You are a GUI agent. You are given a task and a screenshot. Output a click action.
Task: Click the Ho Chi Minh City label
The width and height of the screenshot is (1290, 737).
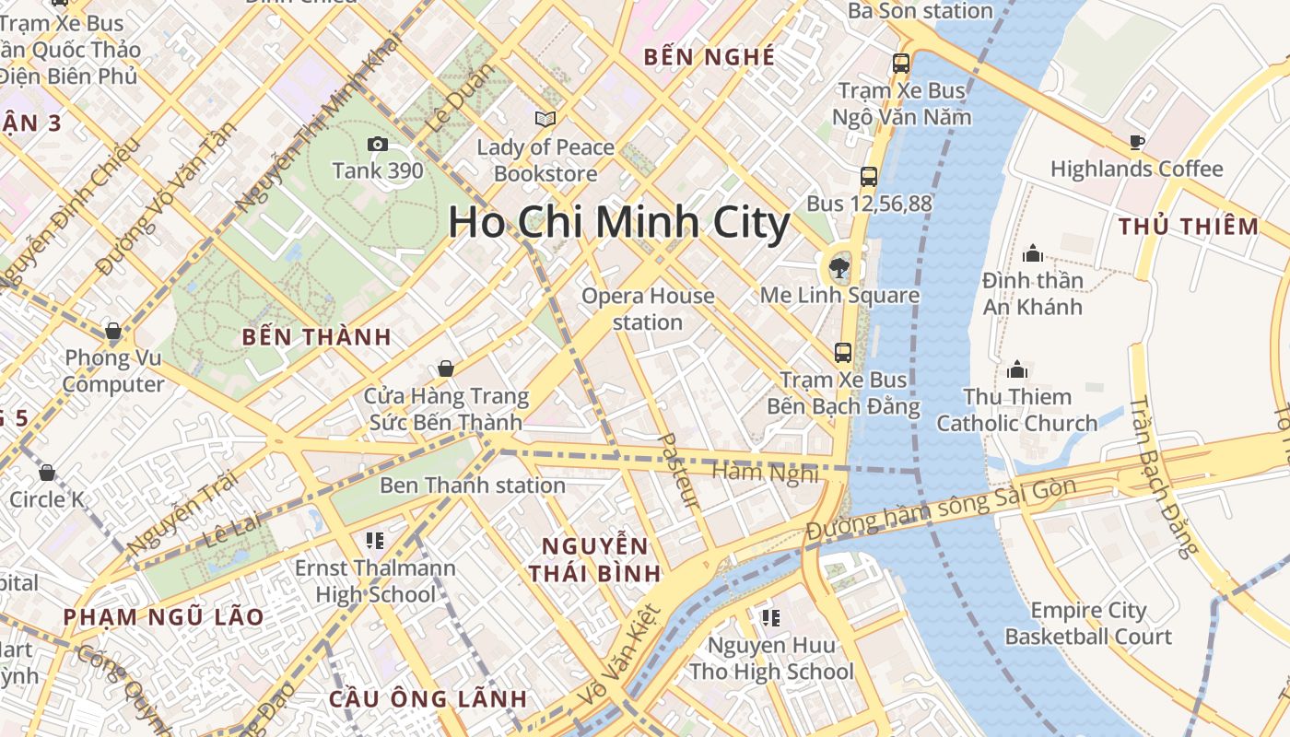[x=618, y=224]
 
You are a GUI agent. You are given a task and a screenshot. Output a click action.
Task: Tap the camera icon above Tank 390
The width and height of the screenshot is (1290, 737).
[x=377, y=144]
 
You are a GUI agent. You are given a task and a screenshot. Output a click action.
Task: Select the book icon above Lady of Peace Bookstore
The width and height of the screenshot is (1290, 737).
[x=545, y=119]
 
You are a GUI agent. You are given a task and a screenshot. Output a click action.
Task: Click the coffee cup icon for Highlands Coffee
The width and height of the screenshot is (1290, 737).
[x=1136, y=142]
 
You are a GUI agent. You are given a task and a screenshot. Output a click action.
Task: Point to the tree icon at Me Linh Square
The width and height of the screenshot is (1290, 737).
[x=838, y=268]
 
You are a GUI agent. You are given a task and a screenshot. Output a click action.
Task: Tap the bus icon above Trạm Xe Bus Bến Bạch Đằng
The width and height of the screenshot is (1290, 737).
[x=842, y=352]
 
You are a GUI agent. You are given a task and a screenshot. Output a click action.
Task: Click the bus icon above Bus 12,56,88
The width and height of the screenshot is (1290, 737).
[x=868, y=176]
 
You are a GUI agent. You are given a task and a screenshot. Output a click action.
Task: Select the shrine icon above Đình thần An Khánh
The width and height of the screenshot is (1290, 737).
[x=1032, y=252]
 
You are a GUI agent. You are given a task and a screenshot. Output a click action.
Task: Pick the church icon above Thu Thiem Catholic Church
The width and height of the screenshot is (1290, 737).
[x=1017, y=369]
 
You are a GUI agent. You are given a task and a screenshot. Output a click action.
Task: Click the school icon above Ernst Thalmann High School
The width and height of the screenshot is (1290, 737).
[x=374, y=540]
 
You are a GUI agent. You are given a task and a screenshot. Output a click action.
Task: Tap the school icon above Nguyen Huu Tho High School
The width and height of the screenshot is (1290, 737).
[x=770, y=617]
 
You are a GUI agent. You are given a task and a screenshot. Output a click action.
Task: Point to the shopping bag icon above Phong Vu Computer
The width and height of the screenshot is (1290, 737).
[x=112, y=330]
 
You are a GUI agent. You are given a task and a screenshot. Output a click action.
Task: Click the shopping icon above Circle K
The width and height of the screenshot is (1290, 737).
[x=47, y=473]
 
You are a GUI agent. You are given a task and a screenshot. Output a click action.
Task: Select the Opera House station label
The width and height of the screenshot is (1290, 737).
[x=648, y=309]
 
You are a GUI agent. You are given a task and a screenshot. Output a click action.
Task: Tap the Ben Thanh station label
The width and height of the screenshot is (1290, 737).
[x=473, y=485]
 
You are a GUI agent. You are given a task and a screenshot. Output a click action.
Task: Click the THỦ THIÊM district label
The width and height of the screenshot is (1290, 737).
[x=1188, y=227]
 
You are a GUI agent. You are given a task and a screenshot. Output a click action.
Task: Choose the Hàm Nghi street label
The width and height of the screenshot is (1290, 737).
[x=766, y=473]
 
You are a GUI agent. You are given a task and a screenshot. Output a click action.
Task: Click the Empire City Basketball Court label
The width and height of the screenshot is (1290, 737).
[x=1088, y=623]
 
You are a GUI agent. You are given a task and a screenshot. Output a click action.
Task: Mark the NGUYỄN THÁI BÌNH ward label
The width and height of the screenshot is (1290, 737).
[x=595, y=558]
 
